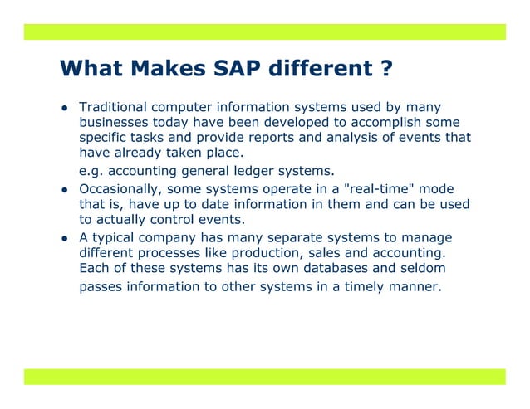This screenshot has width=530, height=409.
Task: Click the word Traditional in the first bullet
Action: click(114, 108)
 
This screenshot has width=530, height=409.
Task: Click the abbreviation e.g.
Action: click(92, 171)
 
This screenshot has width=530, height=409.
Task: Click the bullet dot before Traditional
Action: click(62, 110)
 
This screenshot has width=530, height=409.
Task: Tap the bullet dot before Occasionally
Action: click(62, 191)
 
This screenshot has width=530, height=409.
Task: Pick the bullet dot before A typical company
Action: click(62, 240)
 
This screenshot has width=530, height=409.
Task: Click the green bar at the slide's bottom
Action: click(264, 377)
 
